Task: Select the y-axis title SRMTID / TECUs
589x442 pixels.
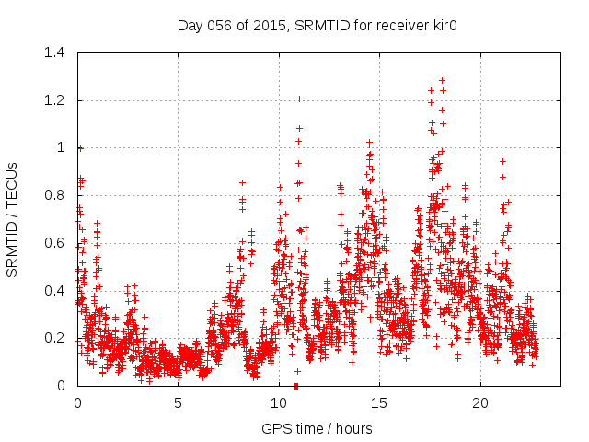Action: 13,219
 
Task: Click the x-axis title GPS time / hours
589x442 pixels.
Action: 317,428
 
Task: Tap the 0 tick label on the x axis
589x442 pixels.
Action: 77,403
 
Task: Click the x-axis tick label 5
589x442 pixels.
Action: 178,403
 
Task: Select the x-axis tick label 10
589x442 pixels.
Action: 279,403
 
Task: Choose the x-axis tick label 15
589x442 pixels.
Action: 379,403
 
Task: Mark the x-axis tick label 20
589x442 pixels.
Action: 480,403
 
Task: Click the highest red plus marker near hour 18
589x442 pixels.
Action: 442,80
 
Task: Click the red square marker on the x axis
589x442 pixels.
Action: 295,386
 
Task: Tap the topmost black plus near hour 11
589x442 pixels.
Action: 299,99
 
